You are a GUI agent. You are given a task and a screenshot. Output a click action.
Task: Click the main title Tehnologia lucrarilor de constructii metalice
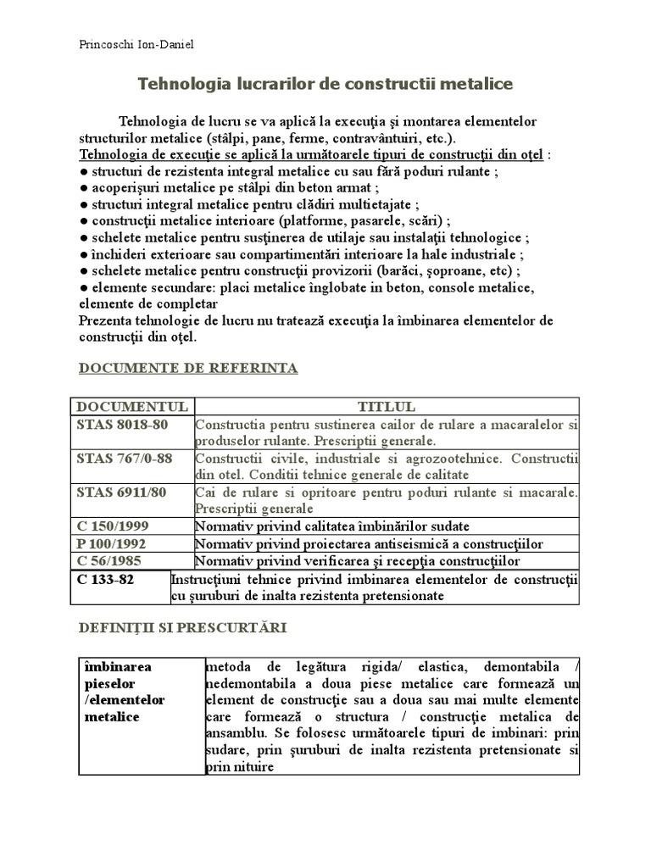(325, 85)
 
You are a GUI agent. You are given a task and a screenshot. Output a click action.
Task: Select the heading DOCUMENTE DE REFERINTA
(187, 368)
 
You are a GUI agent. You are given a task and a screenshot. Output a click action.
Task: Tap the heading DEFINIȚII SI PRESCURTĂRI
(182, 628)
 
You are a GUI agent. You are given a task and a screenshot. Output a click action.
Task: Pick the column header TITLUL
(386, 406)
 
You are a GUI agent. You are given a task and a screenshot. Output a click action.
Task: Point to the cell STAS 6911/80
(121, 492)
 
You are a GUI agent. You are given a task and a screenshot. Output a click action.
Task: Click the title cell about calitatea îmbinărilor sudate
(331, 526)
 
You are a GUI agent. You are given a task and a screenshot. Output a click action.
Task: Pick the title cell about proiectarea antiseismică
(369, 543)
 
